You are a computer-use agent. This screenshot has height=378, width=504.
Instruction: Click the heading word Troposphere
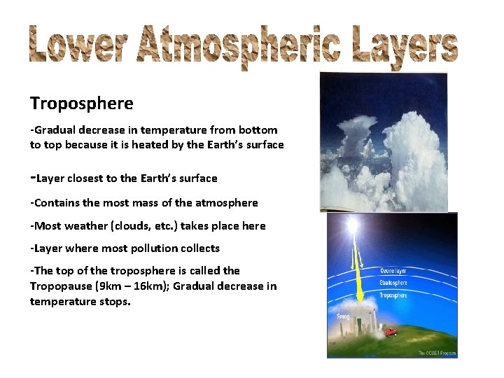tap(81, 104)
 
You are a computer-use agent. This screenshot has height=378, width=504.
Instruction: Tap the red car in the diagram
tap(390, 332)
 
